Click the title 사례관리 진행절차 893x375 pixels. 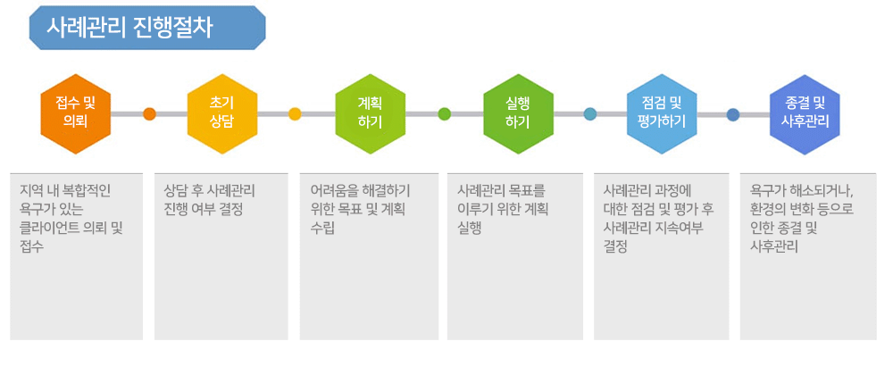click(129, 28)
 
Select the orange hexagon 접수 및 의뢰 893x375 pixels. click(75, 113)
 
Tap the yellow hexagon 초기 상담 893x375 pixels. click(222, 113)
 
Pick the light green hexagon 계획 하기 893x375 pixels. click(371, 113)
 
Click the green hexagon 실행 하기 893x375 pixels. click(518, 113)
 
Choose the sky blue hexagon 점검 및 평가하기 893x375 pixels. click(662, 113)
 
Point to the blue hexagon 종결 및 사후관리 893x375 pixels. click(805, 113)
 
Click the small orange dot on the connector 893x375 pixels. click(149, 113)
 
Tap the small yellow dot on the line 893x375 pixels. click(295, 113)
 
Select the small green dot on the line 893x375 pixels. click(444, 113)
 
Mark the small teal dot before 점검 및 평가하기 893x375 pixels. click(590, 113)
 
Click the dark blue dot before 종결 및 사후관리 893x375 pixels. click(733, 114)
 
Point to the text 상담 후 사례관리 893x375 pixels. click(209, 190)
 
